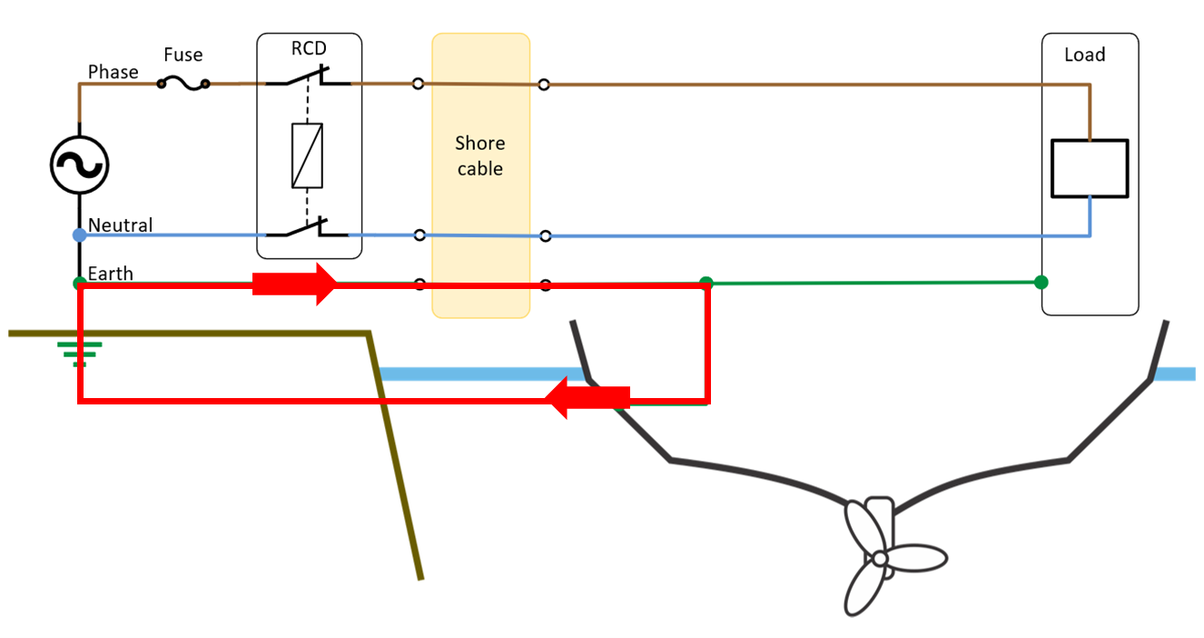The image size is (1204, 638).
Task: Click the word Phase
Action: tap(113, 72)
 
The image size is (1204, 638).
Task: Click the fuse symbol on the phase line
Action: tap(183, 84)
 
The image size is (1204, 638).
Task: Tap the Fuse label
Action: tap(183, 55)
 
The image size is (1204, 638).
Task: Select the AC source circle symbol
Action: tap(79, 164)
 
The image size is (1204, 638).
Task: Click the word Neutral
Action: tap(120, 224)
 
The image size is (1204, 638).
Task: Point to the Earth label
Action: tap(110, 274)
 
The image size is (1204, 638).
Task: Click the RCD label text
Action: tap(309, 48)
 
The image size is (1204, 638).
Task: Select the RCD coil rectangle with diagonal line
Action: tap(308, 155)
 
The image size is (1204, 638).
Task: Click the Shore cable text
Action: tap(479, 156)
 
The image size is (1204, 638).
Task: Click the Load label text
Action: tap(1084, 55)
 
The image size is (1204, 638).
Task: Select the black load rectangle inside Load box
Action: tap(1089, 168)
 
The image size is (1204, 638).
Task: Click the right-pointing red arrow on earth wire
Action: tap(294, 284)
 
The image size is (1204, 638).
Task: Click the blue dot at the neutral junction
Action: tap(79, 234)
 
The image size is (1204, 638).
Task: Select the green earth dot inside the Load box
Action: tap(1041, 282)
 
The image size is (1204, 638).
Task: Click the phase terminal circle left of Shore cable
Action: tap(418, 84)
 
